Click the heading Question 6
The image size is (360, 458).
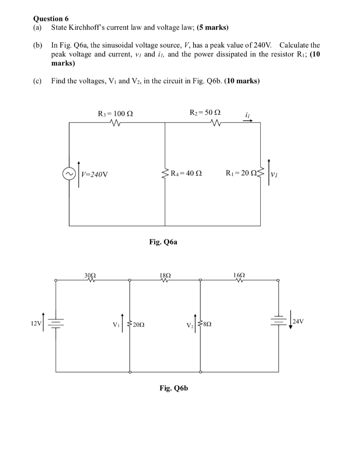click(51, 19)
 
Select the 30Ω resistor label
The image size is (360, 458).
click(91, 275)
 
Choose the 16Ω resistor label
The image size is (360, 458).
click(240, 275)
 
